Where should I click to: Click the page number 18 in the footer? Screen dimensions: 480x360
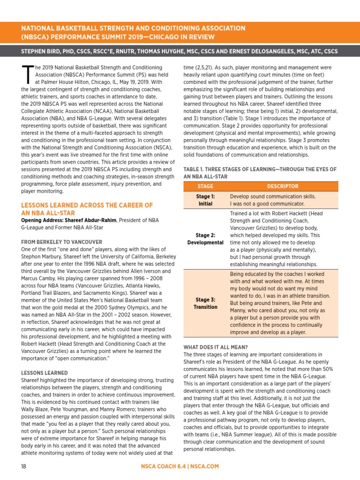pyautogui.click(x=24, y=466)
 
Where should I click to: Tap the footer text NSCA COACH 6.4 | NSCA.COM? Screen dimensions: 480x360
pyautogui.click(x=180, y=466)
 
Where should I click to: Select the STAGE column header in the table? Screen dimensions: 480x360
pyautogui.click(x=205, y=187)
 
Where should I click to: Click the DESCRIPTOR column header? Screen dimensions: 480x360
pyautogui.click(x=283, y=187)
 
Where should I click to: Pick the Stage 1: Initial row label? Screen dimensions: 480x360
pyautogui.click(x=205, y=200)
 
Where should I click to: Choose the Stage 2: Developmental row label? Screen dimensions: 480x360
pyautogui.click(x=205, y=239)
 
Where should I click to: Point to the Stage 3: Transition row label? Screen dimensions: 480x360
pyautogui.click(x=205, y=303)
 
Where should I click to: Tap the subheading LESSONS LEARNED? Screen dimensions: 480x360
pyautogui.click(x=45, y=373)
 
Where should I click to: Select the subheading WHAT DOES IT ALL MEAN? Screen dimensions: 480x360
pyautogui.click(x=216, y=347)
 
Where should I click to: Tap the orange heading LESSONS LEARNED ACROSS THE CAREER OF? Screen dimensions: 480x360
pyautogui.click(x=87, y=205)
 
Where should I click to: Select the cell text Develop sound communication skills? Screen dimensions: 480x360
pyautogui.click(x=273, y=196)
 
